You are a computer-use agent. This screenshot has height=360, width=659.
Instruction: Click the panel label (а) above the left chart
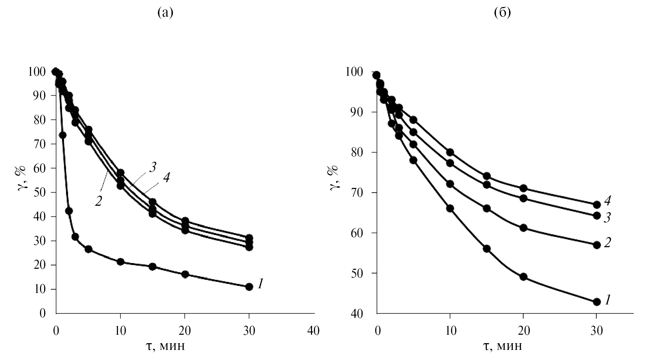click(165, 13)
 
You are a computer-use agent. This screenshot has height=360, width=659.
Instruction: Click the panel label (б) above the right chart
click(502, 13)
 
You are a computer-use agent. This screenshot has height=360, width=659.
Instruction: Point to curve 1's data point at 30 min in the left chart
click(249, 287)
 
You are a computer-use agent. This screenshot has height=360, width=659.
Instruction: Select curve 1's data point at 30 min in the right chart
click(597, 302)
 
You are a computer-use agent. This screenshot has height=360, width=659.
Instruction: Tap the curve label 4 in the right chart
click(607, 201)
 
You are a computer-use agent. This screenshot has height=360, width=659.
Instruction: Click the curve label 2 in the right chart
click(607, 243)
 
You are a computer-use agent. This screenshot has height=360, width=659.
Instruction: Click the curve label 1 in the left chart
click(260, 285)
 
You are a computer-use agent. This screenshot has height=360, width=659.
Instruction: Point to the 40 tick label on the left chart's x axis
click(313, 331)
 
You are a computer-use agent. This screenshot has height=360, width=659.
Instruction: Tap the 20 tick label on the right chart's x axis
click(523, 331)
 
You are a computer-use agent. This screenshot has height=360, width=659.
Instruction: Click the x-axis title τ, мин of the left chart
click(165, 346)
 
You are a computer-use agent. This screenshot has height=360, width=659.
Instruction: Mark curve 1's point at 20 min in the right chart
click(523, 277)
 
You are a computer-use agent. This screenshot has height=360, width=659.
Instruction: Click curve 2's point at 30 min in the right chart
click(597, 245)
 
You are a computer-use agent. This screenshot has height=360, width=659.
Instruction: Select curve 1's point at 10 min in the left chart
click(120, 262)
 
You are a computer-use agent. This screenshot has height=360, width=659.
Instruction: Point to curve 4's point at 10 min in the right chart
click(450, 152)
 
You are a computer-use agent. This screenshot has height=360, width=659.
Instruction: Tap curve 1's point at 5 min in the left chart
click(88, 249)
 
